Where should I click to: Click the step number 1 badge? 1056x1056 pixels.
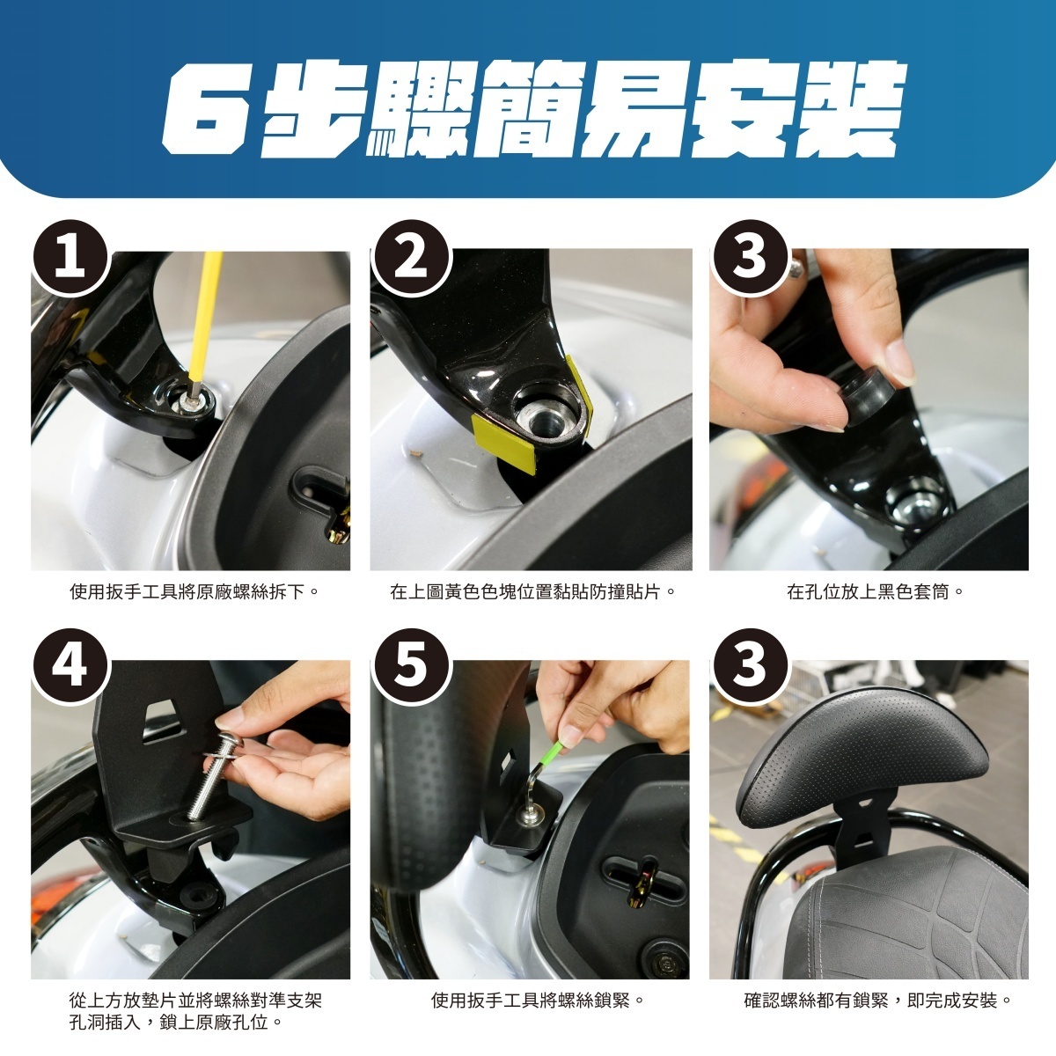coord(71,258)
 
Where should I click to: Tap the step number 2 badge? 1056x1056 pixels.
coord(411,258)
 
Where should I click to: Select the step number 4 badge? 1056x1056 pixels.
coord(71,667)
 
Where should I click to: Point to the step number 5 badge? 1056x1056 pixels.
coord(411,667)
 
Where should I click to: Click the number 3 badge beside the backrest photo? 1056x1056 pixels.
coord(751,667)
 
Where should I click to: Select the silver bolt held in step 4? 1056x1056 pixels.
coord(214,773)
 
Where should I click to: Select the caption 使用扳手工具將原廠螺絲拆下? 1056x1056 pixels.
coord(194,592)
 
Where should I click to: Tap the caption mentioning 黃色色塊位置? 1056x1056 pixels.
coord(532,592)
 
